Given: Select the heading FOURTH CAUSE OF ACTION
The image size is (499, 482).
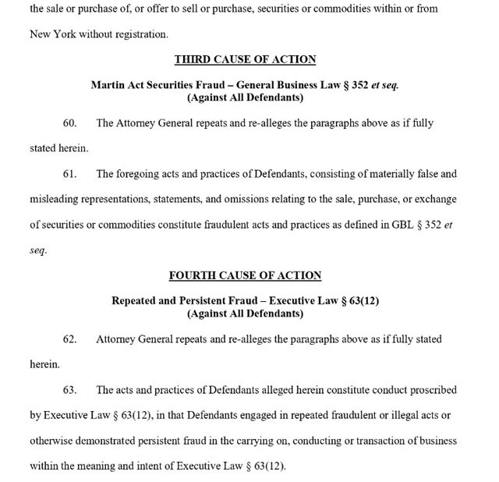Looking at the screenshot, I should tap(246, 275).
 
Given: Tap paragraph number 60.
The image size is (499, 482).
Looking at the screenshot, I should tap(69, 124).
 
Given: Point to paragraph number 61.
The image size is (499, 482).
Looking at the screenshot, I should tap(69, 174).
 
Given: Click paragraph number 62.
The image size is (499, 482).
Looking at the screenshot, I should tap(69, 340).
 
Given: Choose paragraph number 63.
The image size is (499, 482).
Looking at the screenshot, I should tap(69, 390).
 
